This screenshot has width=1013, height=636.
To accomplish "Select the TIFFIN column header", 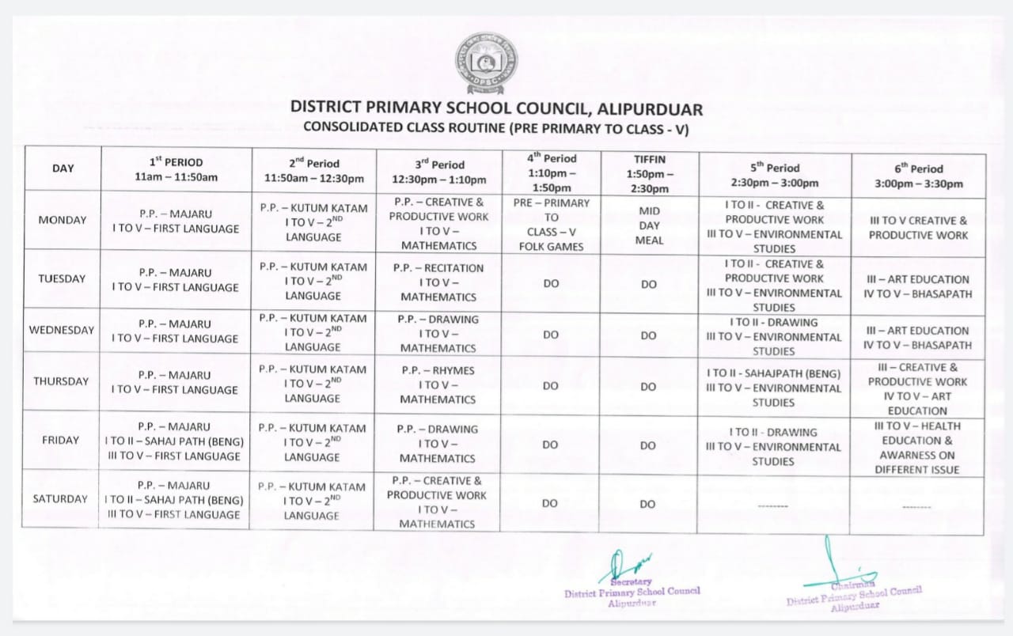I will pyautogui.click(x=649, y=174).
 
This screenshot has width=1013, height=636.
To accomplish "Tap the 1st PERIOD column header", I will pyautogui.click(x=176, y=169).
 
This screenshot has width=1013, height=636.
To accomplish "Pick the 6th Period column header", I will pyautogui.click(x=918, y=176).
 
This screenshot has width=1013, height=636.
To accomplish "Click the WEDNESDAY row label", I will pyautogui.click(x=62, y=330).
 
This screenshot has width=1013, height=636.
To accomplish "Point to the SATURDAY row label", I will pyautogui.click(x=60, y=499).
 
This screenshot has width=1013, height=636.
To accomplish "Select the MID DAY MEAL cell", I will pyautogui.click(x=649, y=226).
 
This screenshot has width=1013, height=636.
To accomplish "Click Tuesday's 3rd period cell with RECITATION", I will pyautogui.click(x=438, y=282).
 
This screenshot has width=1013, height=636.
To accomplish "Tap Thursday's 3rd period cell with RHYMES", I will pyautogui.click(x=438, y=384).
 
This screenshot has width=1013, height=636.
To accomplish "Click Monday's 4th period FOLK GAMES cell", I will pyautogui.click(x=551, y=225).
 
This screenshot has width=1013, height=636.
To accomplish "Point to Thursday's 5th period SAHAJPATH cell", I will pyautogui.click(x=773, y=388).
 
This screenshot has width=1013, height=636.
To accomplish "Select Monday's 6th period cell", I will pyautogui.click(x=918, y=228).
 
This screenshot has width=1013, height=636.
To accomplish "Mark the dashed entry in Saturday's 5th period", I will pyautogui.click(x=773, y=504).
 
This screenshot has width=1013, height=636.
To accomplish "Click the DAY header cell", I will pyautogui.click(x=63, y=168).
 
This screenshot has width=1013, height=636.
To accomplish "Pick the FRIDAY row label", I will pyautogui.click(x=60, y=440).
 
